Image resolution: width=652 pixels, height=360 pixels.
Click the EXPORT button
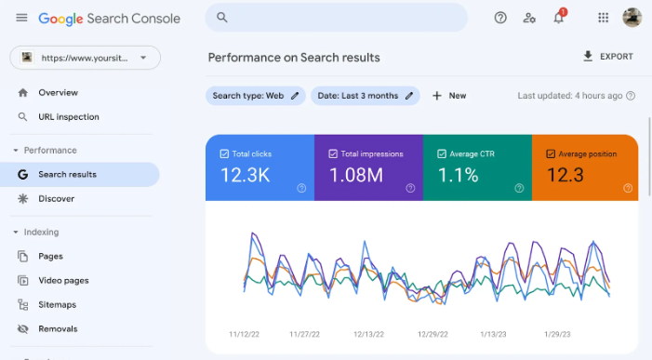coord(607,57)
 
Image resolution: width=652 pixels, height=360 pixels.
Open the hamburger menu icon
coord(21,18)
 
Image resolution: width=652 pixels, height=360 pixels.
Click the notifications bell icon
coord(559,18)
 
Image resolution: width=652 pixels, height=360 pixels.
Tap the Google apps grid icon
coord(603,18)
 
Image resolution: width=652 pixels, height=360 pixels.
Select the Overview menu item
coord(58,93)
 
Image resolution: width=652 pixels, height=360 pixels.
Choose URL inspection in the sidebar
coord(68,117)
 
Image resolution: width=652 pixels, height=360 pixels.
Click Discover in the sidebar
coord(56,199)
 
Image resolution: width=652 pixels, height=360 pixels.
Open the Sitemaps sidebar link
coord(57,305)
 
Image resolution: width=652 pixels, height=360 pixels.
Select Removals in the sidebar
coord(58,329)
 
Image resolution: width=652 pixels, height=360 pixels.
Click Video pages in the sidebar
coord(63,281)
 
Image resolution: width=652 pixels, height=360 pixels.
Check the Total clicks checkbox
coord(224,153)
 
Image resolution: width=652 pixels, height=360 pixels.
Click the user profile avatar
coord(632,18)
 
